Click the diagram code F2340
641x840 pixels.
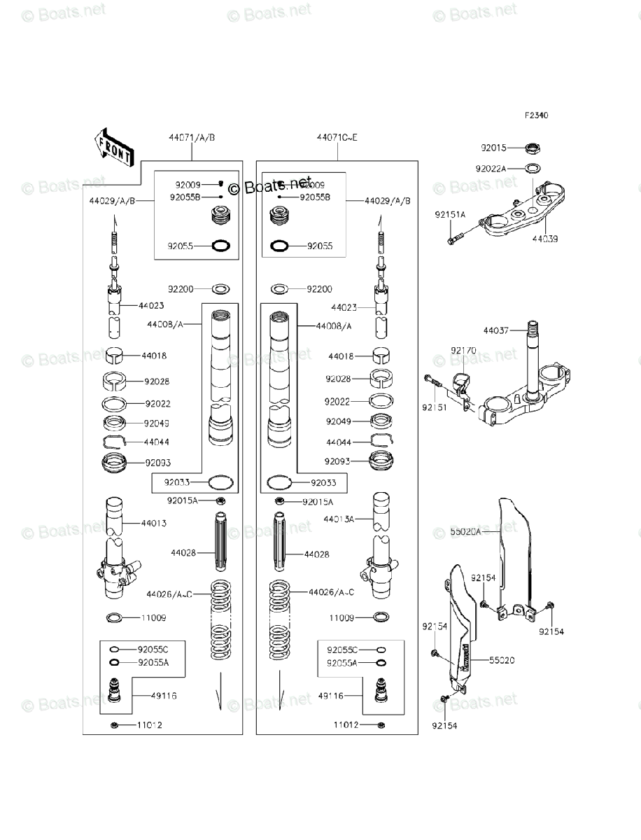click(x=537, y=115)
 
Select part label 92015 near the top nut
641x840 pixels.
click(x=493, y=148)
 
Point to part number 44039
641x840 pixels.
click(x=544, y=239)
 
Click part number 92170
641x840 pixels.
click(x=463, y=350)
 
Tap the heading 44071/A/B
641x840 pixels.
click(x=191, y=138)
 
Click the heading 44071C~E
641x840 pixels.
click(x=337, y=138)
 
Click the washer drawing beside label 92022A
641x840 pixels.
click(x=533, y=169)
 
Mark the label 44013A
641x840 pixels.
click(x=339, y=519)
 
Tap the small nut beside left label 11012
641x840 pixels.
click(x=113, y=724)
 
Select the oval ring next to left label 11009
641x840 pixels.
click(x=115, y=618)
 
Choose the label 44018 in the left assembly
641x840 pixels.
click(x=154, y=356)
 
